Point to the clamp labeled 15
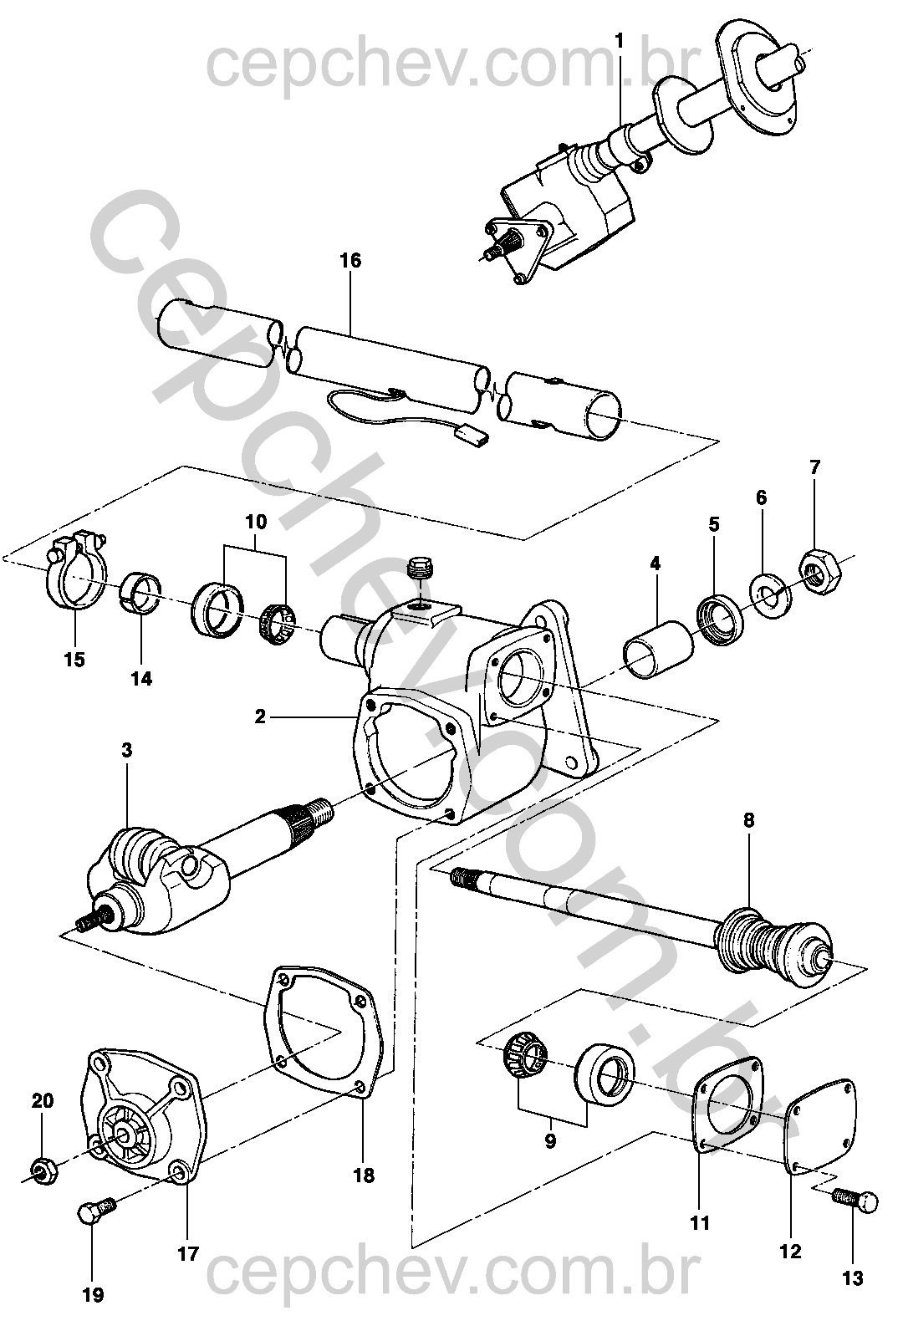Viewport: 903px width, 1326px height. (x=76, y=571)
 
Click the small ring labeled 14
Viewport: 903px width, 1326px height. (x=141, y=593)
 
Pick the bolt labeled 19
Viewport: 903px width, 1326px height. (x=97, y=1206)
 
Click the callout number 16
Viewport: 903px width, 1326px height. (x=350, y=261)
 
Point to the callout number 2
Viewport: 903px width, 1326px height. (x=261, y=717)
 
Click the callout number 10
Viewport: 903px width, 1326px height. (x=256, y=522)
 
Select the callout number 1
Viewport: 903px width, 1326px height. (x=620, y=41)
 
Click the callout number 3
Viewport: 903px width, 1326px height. (x=127, y=751)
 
